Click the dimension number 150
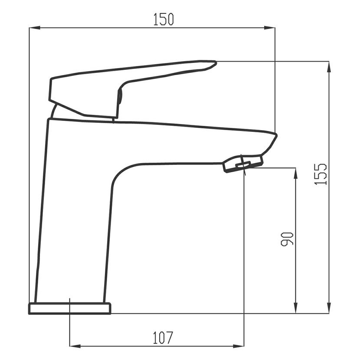[164, 19]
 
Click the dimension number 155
[320, 174]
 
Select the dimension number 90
[287, 239]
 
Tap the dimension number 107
[163, 338]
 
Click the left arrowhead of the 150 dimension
[35, 28]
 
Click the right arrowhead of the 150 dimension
[269, 28]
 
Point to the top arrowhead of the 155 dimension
[329, 67]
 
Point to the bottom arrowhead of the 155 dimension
[329, 308]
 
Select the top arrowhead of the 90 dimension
[296, 173]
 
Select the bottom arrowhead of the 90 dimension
[296, 308]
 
